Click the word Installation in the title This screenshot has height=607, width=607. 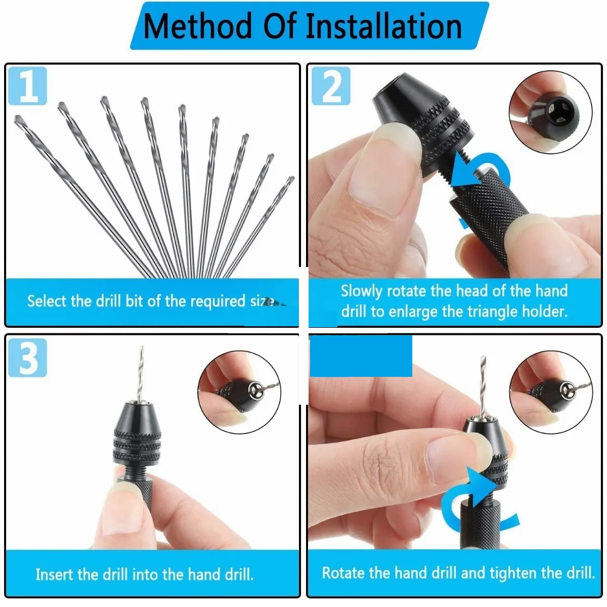pos(384,26)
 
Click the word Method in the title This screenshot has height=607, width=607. pos(197,26)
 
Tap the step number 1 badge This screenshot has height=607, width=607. pos(28,86)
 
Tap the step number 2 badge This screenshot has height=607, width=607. pos(331,86)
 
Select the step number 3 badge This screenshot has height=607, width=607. pos(28,358)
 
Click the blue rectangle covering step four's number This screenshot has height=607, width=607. pos(361,356)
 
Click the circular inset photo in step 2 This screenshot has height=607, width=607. pos(550,112)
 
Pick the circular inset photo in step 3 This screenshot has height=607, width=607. pos(239,392)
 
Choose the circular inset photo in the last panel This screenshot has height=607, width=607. pos(550,392)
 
